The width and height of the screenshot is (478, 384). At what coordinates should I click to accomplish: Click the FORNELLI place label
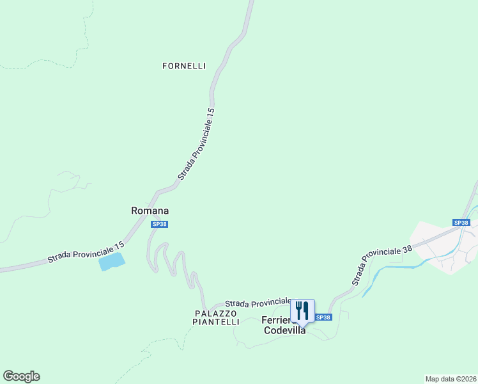tap(184, 66)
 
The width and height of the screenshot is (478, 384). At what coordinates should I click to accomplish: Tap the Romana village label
tap(150, 211)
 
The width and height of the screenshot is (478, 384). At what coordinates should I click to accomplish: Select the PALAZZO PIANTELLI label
tap(217, 318)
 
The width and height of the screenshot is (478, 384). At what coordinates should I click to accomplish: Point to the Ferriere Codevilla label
tap(284, 326)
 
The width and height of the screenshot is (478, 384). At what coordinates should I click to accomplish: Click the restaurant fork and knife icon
tap(302, 311)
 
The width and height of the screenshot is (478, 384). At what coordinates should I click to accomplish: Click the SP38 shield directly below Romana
tap(160, 224)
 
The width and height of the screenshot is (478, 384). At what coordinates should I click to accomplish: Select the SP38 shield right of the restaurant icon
tap(324, 317)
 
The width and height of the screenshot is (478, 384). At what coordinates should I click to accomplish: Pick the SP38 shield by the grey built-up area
tap(461, 223)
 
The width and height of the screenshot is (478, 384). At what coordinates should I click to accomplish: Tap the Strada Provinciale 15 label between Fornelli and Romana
tap(196, 144)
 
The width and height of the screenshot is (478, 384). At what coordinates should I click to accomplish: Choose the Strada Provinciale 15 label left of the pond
tap(86, 253)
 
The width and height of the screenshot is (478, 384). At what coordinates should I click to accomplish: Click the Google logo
tap(21, 376)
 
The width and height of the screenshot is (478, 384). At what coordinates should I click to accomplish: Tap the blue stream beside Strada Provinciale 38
tap(390, 269)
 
